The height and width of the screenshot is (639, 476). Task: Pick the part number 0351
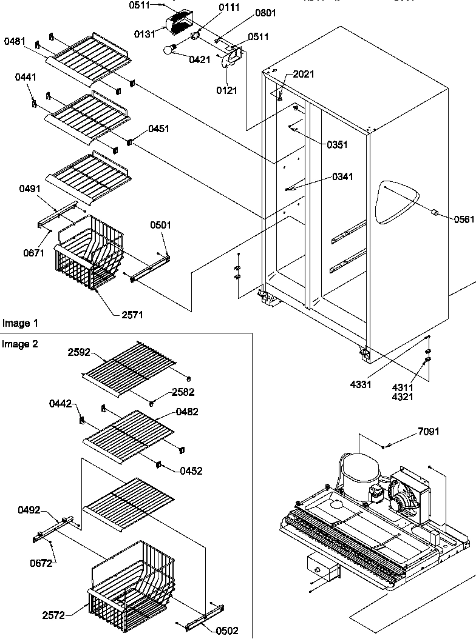pyautogui.click(x=338, y=145)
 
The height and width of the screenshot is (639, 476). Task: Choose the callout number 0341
pyautogui.click(x=342, y=177)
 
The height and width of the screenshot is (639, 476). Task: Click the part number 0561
pyautogui.click(x=464, y=219)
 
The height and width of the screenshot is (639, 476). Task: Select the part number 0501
pyautogui.click(x=160, y=225)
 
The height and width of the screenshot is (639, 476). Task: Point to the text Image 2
pyautogui.click(x=19, y=344)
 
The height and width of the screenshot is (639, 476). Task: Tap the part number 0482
pyautogui.click(x=187, y=412)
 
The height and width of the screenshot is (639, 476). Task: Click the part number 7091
pyautogui.click(x=429, y=432)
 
